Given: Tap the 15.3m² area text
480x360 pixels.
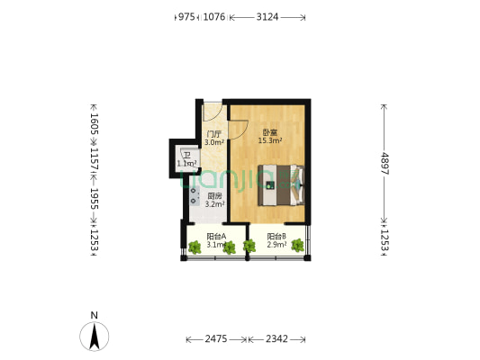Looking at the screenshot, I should (270, 141).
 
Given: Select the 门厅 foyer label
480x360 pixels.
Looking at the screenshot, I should (213, 134).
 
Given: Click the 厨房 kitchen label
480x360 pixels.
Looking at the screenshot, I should (214, 196).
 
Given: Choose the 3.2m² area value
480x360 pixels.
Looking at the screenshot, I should (214, 205).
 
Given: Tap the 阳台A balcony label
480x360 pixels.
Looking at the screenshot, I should (214, 236).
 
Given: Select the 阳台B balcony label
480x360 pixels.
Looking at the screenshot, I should (277, 236).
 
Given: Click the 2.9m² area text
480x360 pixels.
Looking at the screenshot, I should (277, 245).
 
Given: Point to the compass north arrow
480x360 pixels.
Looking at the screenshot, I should (94, 337).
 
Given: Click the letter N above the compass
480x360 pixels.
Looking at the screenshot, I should (94, 314).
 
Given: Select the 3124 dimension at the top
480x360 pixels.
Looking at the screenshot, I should (267, 16).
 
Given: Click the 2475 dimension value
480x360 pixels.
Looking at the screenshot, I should (216, 339).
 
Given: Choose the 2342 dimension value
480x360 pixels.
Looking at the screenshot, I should (277, 339).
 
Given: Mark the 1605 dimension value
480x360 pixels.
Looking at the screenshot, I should (93, 123).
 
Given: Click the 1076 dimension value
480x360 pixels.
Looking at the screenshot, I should (214, 16).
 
